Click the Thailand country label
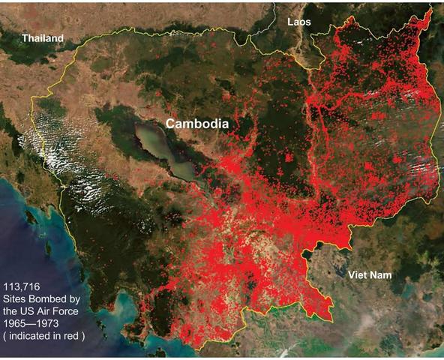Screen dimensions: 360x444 43,37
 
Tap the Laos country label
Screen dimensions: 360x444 298,22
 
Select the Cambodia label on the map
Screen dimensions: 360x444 197,123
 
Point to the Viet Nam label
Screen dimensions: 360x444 370,275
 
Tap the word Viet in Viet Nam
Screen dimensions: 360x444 358,275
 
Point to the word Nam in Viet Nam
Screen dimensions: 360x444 382,275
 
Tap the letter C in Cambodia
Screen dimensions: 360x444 171,123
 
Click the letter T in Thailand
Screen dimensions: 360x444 25,37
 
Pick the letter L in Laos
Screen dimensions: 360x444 289,22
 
